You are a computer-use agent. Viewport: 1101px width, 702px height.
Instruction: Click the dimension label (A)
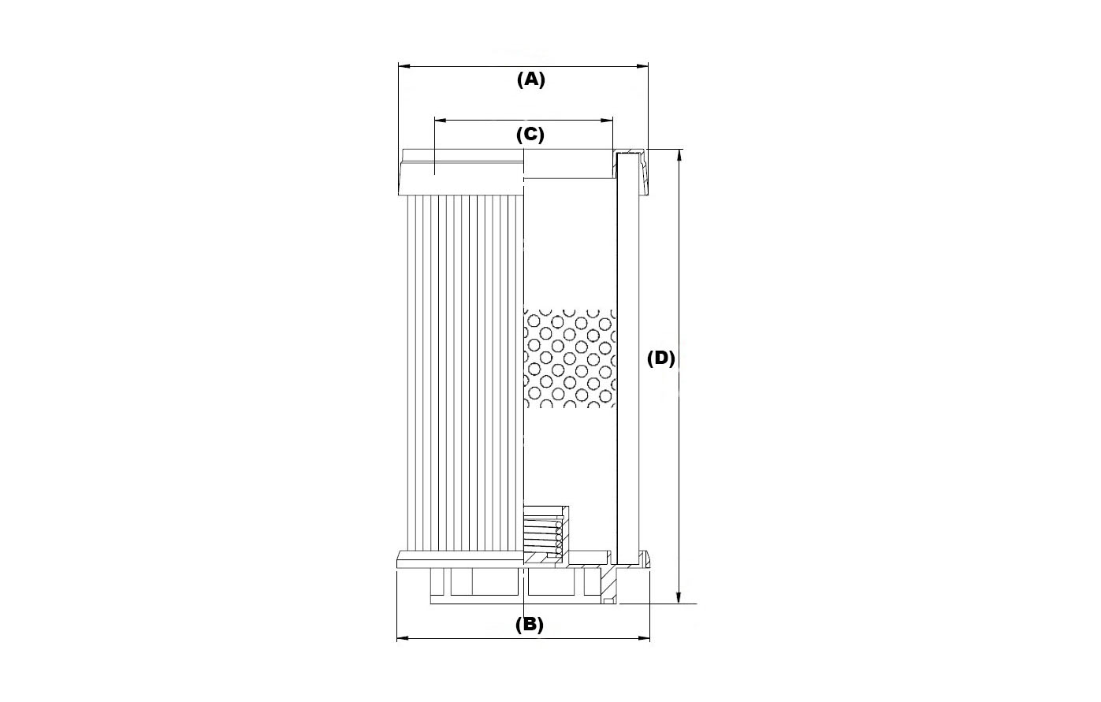(x=531, y=80)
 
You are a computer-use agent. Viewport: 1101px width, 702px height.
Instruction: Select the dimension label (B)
(x=530, y=624)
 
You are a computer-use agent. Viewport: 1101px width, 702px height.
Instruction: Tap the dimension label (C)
(x=530, y=135)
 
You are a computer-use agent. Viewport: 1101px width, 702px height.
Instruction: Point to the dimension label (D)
(x=660, y=358)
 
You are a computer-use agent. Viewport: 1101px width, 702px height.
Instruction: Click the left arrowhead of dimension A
(x=404, y=66)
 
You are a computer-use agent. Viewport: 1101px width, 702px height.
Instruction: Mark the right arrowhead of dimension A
(x=642, y=66)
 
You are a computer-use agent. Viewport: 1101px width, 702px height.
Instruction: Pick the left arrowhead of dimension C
(x=441, y=120)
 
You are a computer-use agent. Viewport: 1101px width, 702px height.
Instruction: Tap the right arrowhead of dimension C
(x=607, y=120)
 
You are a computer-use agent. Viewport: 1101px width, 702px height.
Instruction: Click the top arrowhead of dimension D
(x=679, y=155)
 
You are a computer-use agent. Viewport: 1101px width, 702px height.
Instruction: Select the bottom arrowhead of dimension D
(x=679, y=596)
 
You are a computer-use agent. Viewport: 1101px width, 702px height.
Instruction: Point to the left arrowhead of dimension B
(x=403, y=638)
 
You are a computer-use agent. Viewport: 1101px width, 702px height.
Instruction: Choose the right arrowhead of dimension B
(x=643, y=638)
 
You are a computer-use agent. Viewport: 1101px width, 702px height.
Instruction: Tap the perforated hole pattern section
(x=570, y=358)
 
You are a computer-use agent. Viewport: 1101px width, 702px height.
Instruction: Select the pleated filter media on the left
(x=465, y=373)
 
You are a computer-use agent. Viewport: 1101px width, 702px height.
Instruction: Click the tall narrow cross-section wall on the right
(x=627, y=358)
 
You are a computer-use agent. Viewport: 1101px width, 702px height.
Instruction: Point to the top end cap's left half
(x=462, y=172)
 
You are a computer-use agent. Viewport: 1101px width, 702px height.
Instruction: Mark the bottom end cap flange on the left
(x=460, y=559)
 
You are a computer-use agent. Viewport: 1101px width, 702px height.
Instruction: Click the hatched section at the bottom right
(x=608, y=584)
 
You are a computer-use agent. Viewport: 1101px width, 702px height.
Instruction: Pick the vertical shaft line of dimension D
(x=679, y=376)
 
